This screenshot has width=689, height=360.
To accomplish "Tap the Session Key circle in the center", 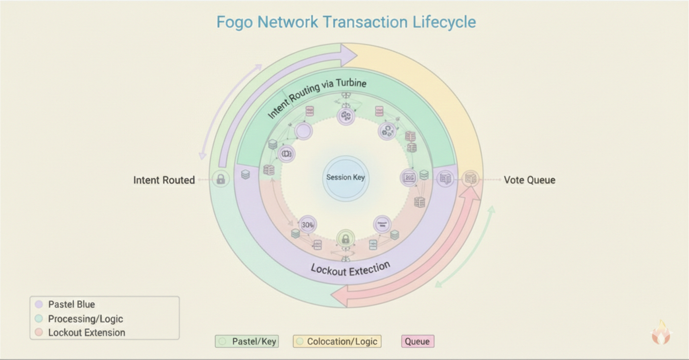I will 345,178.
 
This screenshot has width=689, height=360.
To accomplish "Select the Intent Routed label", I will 164,180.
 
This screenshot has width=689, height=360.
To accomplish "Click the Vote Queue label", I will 529,180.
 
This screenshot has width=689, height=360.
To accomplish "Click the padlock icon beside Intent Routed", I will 221,180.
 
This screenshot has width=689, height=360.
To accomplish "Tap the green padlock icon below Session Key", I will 345,239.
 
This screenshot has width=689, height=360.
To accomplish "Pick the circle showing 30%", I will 308,225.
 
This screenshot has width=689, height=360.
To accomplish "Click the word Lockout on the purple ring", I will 328,270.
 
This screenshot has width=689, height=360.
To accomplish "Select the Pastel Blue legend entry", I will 71,304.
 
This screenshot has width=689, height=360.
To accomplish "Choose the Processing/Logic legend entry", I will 85,319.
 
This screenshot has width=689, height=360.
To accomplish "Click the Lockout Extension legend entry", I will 86,333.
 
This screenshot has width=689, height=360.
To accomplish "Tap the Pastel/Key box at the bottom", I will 247,341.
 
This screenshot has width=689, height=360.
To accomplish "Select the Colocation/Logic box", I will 337,341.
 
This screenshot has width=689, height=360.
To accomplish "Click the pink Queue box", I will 417,341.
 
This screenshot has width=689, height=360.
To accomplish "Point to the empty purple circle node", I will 303,131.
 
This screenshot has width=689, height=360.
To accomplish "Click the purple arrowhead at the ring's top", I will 348,55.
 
